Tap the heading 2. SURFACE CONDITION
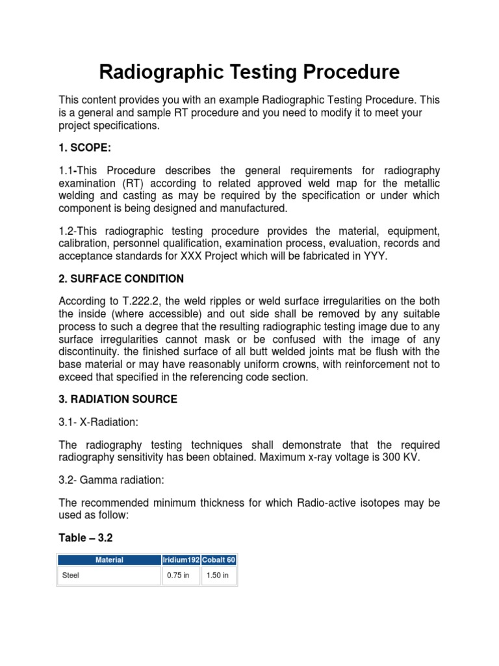click(x=121, y=278)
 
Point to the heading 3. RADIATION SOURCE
click(x=118, y=399)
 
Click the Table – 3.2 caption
click(x=85, y=537)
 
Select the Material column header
click(x=109, y=559)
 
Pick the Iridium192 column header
click(x=181, y=559)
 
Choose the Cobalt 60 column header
click(x=219, y=559)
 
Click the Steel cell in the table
click(x=70, y=576)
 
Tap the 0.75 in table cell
click(x=178, y=576)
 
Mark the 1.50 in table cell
click(x=217, y=576)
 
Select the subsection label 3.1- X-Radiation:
click(x=99, y=422)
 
